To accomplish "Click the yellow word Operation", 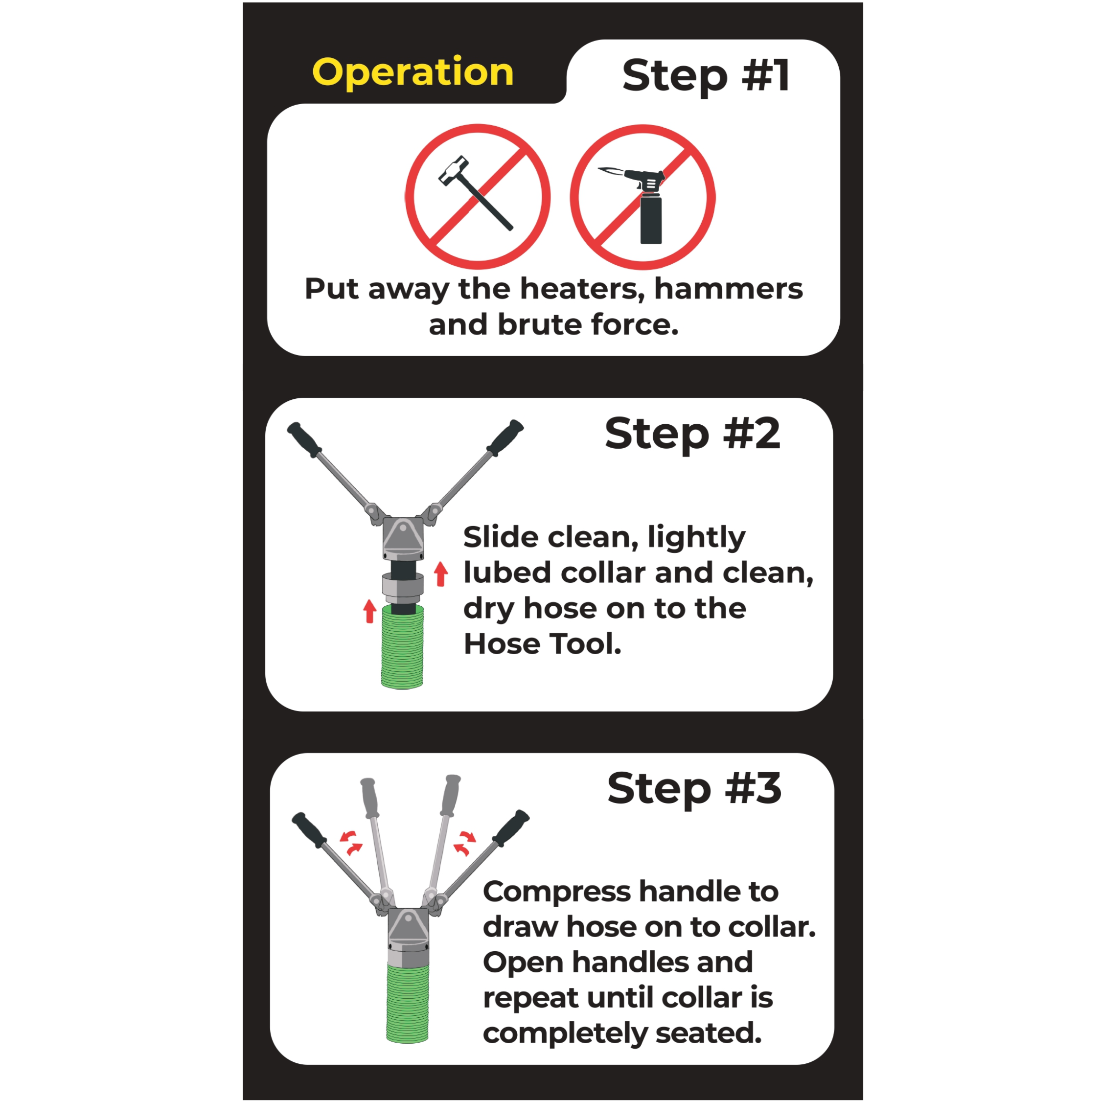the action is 413,73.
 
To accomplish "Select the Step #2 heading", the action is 692,434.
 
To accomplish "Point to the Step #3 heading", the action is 694,789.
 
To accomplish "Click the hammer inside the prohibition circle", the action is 475,193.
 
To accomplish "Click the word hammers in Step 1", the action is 728,288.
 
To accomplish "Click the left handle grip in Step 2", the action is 305,439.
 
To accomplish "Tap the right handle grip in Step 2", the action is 505,437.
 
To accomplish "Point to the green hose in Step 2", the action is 402,647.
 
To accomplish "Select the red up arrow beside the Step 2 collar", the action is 440,574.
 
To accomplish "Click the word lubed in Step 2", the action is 507,572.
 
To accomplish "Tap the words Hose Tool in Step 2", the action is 542,644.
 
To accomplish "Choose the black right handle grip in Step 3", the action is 511,828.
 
